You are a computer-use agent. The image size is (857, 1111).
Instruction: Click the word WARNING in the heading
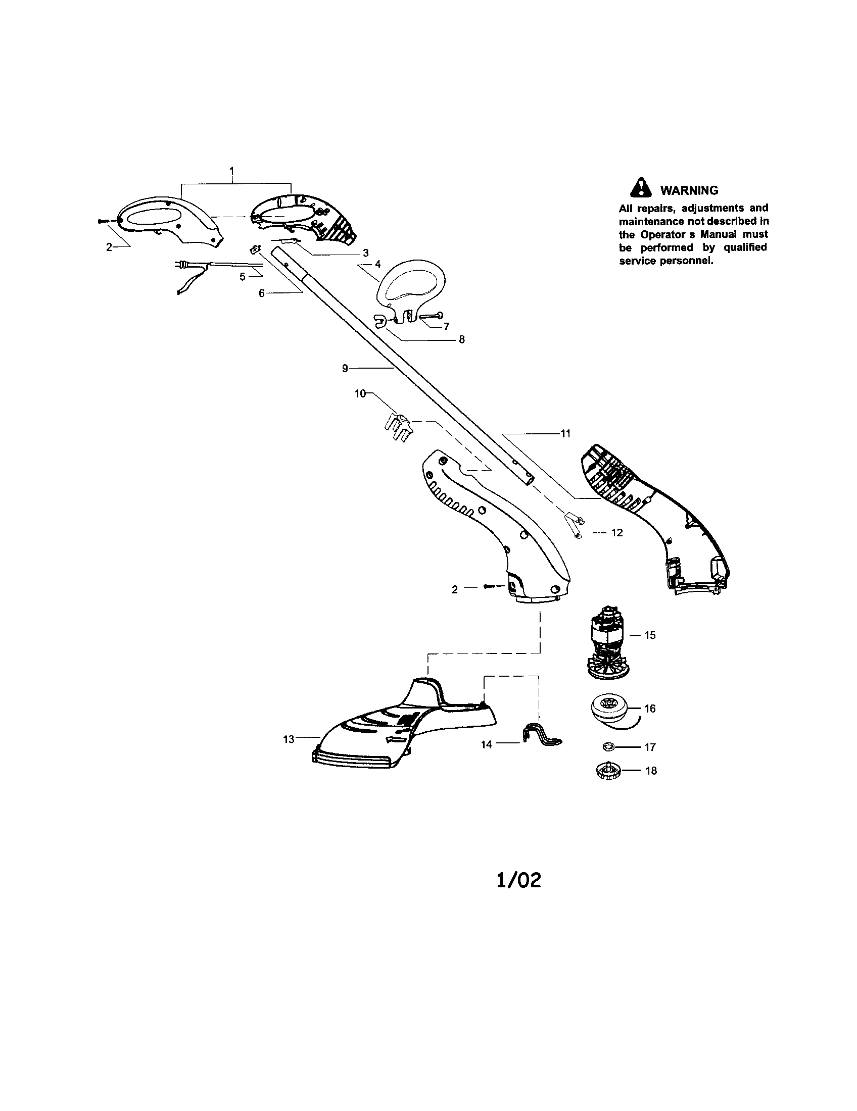(x=689, y=191)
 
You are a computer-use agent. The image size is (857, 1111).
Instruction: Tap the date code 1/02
(x=518, y=881)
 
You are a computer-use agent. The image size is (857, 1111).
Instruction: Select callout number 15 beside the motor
(x=650, y=635)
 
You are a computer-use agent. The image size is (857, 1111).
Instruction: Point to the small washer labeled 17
(x=607, y=746)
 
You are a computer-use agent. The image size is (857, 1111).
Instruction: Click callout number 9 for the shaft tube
(x=345, y=368)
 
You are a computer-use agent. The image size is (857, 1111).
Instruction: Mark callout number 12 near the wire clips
(x=617, y=533)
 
